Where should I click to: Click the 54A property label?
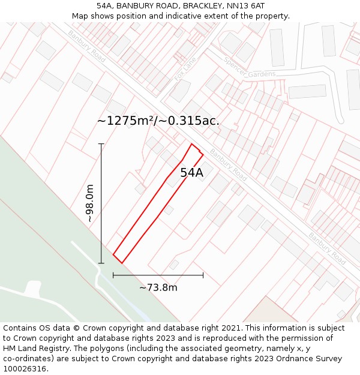(x=191, y=173)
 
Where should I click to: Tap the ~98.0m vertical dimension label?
(x=90, y=204)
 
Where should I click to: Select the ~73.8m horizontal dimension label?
(x=158, y=287)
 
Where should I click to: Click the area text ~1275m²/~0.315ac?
(x=158, y=121)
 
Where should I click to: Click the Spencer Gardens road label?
(x=249, y=68)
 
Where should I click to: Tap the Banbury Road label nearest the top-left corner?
(x=86, y=46)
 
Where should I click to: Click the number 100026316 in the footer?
(x=26, y=369)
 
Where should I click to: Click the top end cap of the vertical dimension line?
(x=101, y=144)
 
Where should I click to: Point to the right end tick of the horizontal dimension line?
(x=203, y=275)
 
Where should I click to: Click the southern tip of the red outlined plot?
(x=122, y=263)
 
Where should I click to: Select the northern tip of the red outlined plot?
(x=192, y=144)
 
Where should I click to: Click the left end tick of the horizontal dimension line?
(x=113, y=275)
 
